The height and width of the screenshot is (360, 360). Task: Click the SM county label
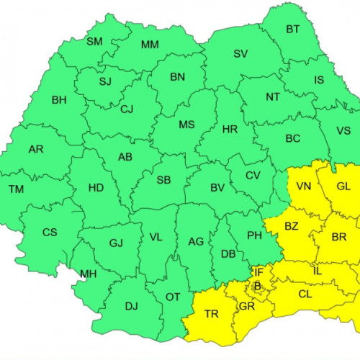click(x=94, y=41)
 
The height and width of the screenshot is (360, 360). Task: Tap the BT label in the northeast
click(x=293, y=30)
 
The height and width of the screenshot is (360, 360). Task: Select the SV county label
click(x=240, y=54)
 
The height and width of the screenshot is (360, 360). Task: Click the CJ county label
click(x=127, y=109)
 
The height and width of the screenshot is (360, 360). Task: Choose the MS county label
click(x=186, y=125)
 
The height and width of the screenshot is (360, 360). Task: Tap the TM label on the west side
click(x=16, y=189)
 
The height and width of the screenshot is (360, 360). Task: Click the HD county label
click(x=96, y=188)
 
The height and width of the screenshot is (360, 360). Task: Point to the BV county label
click(x=217, y=188)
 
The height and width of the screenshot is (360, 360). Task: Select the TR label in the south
click(x=212, y=314)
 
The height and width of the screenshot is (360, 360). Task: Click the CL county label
click(x=305, y=294)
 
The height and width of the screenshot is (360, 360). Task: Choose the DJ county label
click(x=131, y=306)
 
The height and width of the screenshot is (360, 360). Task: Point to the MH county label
click(x=89, y=274)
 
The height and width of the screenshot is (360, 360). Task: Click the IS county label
click(x=319, y=80)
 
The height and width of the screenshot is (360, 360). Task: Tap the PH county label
click(x=254, y=234)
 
